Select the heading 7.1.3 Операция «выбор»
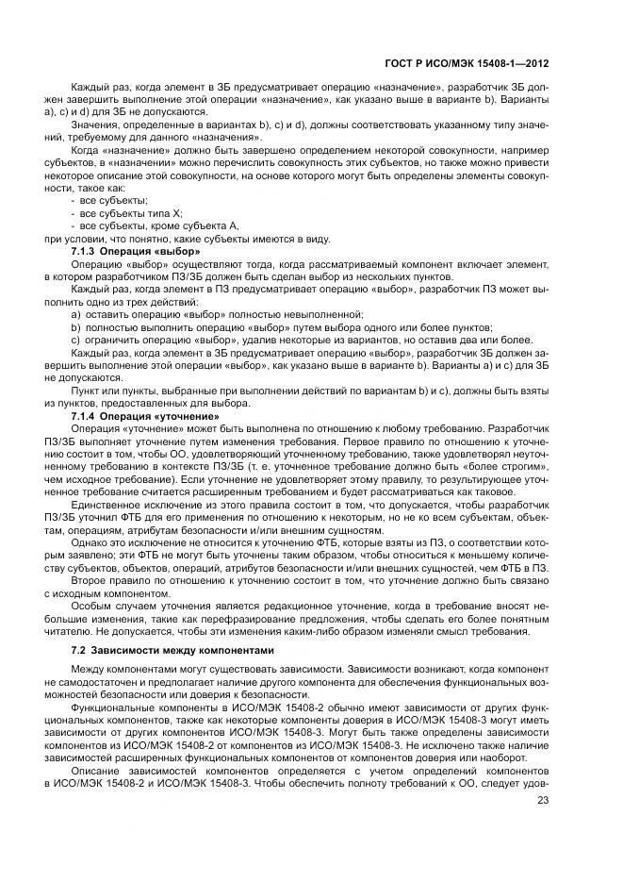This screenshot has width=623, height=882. coord(136,252)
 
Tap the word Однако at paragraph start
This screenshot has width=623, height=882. coord(89,544)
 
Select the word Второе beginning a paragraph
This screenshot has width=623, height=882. coord(89,583)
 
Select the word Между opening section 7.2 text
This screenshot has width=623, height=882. coord(88,668)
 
